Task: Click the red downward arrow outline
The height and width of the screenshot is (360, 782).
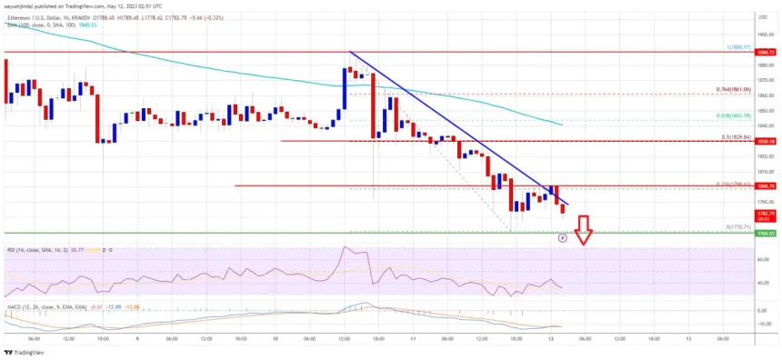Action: pyautogui.click(x=584, y=230)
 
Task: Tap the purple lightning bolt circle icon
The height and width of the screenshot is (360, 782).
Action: pyautogui.click(x=562, y=238)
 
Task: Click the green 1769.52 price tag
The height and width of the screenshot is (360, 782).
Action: pyautogui.click(x=767, y=234)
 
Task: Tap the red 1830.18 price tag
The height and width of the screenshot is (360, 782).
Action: pyautogui.click(x=767, y=141)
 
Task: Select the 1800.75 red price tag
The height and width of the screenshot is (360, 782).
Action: pyautogui.click(x=767, y=186)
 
